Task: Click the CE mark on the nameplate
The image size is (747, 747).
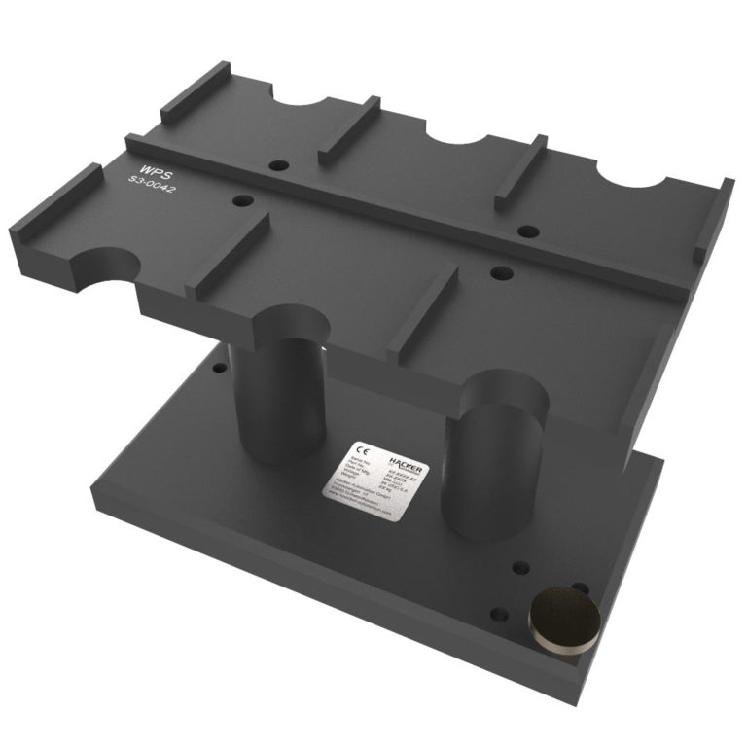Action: click(x=362, y=449)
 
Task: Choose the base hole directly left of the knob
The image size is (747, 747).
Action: click(x=498, y=615)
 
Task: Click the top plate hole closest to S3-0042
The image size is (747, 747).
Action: click(x=243, y=201)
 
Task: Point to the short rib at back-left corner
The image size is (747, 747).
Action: click(x=195, y=93)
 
